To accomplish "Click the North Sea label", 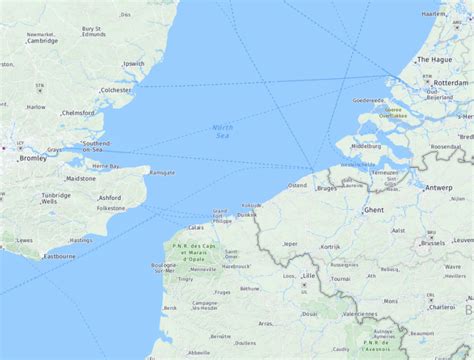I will [223, 130].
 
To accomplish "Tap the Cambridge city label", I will [43, 41].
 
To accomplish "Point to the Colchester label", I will [115, 90].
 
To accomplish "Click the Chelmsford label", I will [78, 113].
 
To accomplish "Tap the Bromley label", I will [33, 158].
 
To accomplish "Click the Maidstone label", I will [80, 178].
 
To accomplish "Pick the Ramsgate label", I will [162, 172].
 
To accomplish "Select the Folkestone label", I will [122, 209].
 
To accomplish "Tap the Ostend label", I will [298, 185].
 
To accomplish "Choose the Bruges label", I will [327, 188].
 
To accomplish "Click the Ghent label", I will [374, 211].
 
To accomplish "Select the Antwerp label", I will [438, 187].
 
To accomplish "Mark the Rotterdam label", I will [452, 83].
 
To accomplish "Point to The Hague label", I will [440, 59].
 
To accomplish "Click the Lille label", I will [308, 275].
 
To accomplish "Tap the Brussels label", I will [433, 242].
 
